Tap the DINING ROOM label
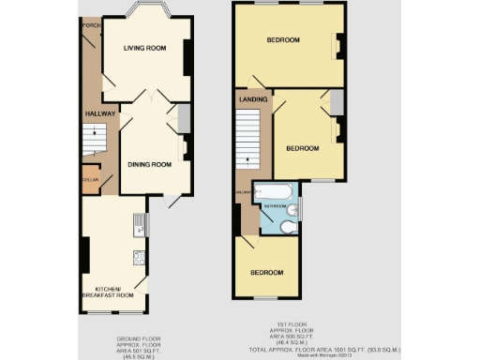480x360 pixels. pos(150,165)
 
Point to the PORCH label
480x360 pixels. pos(90,25)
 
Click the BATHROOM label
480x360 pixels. pos(275,205)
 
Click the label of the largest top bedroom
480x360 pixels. pos(282,40)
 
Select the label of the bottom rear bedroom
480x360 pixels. pos(266,272)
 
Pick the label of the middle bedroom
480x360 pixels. pos(303,148)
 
